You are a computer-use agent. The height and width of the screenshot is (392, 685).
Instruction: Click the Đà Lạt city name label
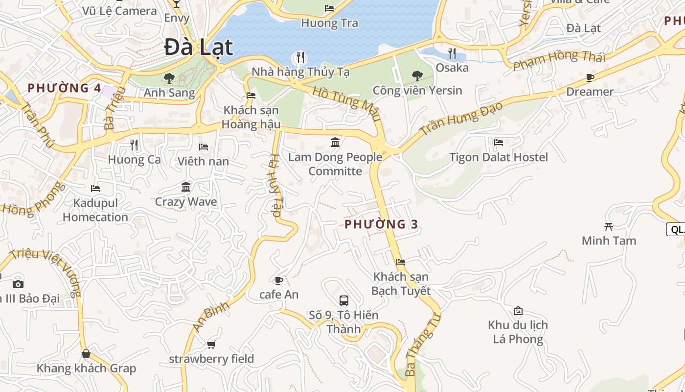(x=198, y=48)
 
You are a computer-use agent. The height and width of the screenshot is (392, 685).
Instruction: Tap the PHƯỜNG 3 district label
(x=381, y=224)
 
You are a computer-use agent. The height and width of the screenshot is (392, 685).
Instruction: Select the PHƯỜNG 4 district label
(x=64, y=88)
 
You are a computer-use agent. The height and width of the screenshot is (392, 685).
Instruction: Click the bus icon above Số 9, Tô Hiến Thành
(x=344, y=300)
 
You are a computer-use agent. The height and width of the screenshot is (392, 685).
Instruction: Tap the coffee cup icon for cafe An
(x=279, y=280)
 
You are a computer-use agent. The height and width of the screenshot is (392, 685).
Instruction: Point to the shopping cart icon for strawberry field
(x=211, y=344)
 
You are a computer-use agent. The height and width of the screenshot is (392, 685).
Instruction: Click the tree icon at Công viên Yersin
(x=417, y=75)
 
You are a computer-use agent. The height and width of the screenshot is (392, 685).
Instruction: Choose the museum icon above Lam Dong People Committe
(x=336, y=142)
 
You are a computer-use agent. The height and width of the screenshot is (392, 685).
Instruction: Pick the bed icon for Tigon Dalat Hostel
(x=499, y=143)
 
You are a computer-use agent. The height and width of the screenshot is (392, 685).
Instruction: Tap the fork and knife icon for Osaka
(x=452, y=53)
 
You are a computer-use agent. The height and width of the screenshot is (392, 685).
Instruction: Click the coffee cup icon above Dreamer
(x=590, y=77)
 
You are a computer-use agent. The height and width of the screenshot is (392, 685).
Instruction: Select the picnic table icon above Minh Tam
(x=609, y=226)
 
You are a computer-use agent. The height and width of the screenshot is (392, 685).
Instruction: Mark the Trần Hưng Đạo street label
(x=461, y=119)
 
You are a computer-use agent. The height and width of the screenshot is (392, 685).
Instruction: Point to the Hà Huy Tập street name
(x=275, y=185)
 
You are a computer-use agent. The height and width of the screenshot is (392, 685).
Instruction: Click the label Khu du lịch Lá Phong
(x=518, y=332)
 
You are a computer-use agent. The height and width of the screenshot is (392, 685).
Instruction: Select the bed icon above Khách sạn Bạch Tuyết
(x=401, y=262)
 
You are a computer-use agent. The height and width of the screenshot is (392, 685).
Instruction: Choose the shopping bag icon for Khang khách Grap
(x=86, y=354)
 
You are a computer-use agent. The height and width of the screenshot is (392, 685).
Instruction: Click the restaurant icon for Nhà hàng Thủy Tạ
(x=300, y=57)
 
